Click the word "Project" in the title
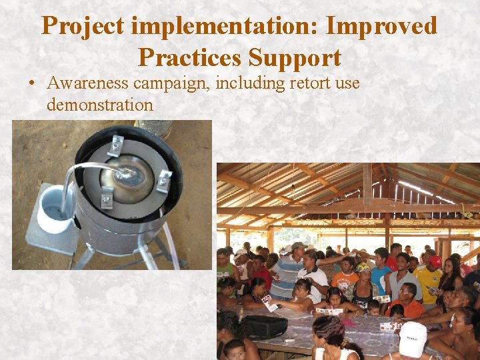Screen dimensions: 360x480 point(83,27)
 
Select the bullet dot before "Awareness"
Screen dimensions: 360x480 point(31,85)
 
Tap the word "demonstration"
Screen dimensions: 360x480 point(100,105)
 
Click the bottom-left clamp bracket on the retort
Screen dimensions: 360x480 point(106,198)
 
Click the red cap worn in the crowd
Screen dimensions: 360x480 point(435,261)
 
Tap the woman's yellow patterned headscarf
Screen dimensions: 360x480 point(363,267)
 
